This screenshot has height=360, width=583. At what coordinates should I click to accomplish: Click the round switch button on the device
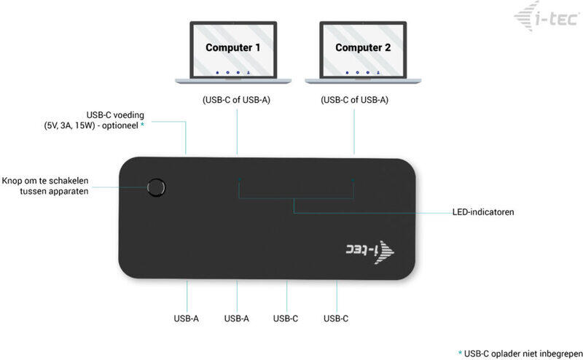tap(156, 187)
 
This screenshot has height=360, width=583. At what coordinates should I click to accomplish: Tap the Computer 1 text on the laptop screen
tap(232, 47)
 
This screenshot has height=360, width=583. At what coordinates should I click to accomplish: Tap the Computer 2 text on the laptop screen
tap(363, 47)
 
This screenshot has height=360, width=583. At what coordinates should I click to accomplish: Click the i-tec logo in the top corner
tap(547, 17)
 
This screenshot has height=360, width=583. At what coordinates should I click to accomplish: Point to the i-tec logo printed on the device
tap(370, 251)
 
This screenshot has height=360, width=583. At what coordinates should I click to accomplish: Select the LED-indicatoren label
tap(483, 212)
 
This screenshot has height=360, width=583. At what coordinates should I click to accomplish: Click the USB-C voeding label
tap(115, 115)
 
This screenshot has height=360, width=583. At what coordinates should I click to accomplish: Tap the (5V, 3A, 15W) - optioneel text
tap(91, 125)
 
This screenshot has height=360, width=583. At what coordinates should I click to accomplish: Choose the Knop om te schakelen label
tap(45, 181)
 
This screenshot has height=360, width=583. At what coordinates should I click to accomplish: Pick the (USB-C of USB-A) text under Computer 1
tap(236, 100)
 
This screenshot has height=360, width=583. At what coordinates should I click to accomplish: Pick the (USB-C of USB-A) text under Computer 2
tap(354, 100)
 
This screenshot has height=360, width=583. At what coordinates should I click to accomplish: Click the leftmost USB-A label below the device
tap(187, 318)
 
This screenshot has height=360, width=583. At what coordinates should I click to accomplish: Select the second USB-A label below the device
tap(236, 318)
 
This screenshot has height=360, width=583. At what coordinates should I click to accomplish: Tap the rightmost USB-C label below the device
tap(336, 318)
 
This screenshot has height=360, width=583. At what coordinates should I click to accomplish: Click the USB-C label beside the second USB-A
tap(286, 318)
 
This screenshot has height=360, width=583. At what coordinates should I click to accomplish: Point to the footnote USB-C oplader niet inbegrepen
tap(523, 353)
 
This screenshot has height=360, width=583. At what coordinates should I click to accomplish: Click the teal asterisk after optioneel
tap(142, 124)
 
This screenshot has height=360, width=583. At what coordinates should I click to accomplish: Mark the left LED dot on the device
tap(240, 179)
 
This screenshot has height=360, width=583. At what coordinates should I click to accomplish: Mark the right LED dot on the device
tap(353, 180)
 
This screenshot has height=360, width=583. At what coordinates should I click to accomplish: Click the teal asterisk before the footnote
tap(461, 352)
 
